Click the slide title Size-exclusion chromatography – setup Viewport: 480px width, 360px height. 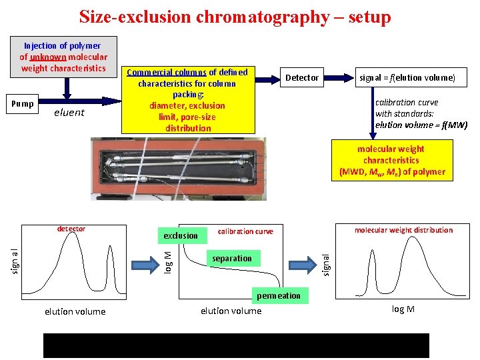pyautogui.click(x=235, y=17)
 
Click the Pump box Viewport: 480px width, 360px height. pyautogui.click(x=23, y=104)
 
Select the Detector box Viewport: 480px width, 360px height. pyautogui.click(x=302, y=78)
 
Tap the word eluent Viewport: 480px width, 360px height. pyautogui.click(x=69, y=113)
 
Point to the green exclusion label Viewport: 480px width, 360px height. pyautogui.click(x=180, y=235)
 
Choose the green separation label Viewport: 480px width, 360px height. pyautogui.click(x=232, y=259)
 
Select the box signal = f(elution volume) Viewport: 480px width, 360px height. pyautogui.click(x=407, y=78)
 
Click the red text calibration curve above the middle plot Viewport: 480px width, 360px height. pyautogui.click(x=245, y=231)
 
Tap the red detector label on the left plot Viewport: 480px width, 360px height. pyautogui.click(x=71, y=229)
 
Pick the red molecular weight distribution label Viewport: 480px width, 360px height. pyautogui.click(x=403, y=230)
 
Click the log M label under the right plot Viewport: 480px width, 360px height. pyautogui.click(x=403, y=310)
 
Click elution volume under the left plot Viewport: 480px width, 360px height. pyautogui.click(x=75, y=311)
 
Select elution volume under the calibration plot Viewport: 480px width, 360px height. pyautogui.click(x=231, y=311)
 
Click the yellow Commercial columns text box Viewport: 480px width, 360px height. pyautogui.click(x=187, y=100)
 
